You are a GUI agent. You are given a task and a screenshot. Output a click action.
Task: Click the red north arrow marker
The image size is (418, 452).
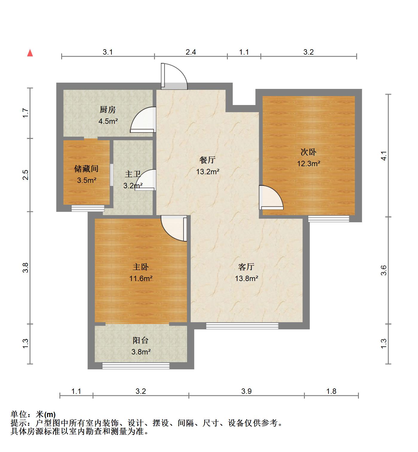point(30,53)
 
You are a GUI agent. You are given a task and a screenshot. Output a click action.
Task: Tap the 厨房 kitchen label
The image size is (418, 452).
point(107,110)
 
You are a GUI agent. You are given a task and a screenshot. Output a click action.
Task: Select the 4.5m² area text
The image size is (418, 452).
point(108,121)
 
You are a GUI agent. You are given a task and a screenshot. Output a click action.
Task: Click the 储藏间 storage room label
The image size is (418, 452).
point(86,169)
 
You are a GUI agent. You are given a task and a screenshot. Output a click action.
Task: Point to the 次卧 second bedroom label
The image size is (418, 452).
point(308,152)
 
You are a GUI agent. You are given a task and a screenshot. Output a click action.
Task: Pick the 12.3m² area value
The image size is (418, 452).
point(309,163)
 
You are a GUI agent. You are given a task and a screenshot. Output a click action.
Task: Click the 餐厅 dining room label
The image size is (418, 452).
point(208,160)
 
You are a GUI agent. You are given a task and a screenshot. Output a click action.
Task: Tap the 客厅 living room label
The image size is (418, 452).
point(246,267)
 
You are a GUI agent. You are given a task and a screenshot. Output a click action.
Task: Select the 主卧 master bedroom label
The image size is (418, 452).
point(141,267)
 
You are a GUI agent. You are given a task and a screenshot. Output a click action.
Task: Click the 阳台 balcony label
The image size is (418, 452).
point(141,340)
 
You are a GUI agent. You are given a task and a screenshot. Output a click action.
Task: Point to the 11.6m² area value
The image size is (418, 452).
point(141,278)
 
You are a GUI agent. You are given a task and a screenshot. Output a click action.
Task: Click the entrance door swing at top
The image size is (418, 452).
point(174,76)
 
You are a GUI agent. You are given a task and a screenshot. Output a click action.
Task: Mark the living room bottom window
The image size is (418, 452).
point(242,326)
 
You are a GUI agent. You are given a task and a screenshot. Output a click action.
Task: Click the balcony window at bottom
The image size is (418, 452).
point(136,366)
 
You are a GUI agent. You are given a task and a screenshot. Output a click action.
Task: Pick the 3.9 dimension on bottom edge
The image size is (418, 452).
point(247,391)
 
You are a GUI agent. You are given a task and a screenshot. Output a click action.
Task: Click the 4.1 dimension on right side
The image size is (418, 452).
point(384,156)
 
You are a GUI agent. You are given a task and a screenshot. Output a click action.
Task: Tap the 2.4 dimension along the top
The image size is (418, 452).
point(191,52)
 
